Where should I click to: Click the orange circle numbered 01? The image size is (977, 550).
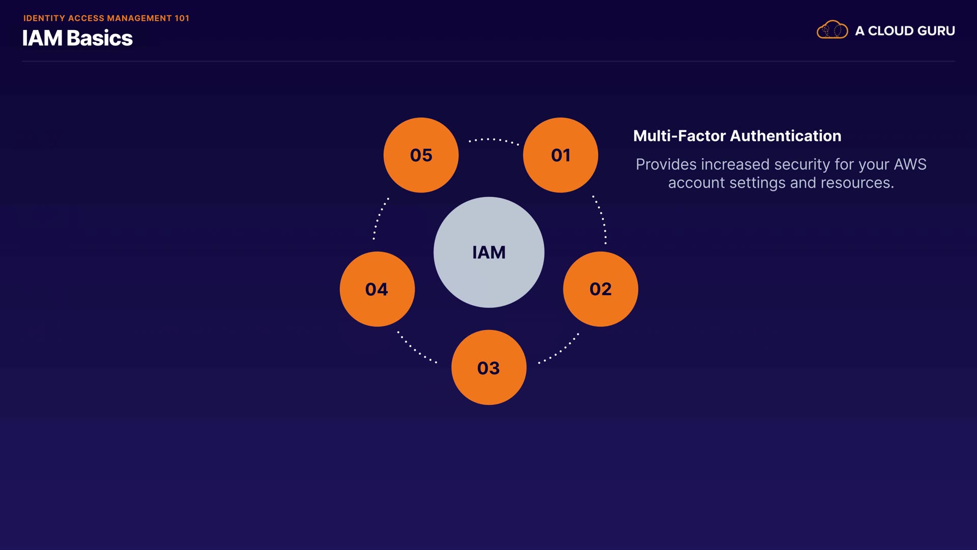click(560, 155)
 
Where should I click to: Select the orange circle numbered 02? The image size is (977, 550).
click(600, 289)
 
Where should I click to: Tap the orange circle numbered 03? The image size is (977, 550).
click(489, 367)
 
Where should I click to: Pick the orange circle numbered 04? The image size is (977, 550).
click(377, 289)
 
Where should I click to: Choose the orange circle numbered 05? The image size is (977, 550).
click(421, 155)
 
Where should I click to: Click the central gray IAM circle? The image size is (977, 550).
click(489, 252)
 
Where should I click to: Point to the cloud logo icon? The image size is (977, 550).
click(832, 30)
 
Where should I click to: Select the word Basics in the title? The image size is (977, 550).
click(99, 39)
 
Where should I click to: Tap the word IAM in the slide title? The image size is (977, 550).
click(42, 39)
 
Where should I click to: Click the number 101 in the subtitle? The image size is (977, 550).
click(182, 18)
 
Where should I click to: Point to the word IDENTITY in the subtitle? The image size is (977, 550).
click(44, 18)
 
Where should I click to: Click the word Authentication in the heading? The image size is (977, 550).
click(786, 136)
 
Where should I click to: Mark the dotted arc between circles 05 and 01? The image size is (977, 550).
click(493, 140)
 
